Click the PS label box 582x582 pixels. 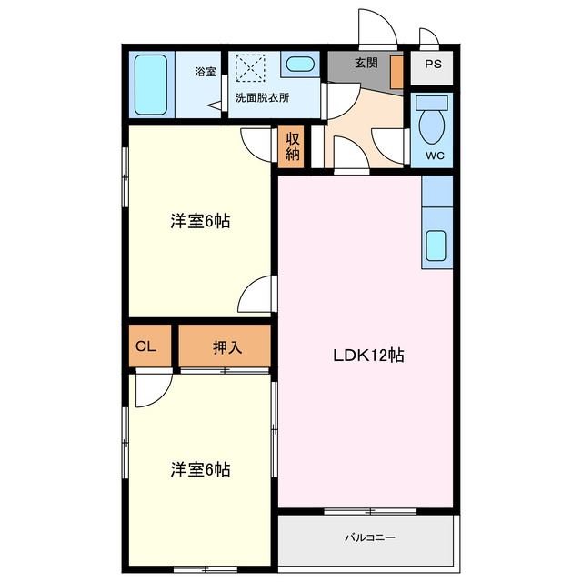pos(434,65)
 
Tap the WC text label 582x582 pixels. pos(434,155)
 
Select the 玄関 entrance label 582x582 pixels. pos(366,64)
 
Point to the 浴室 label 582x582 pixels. pos(206,71)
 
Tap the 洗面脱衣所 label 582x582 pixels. pos(261,96)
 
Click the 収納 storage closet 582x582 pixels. pos(293,146)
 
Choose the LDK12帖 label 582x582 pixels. pos(367,356)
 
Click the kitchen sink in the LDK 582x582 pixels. pos(437,246)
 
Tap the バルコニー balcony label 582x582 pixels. pos(369,537)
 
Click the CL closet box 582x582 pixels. pos(146,346)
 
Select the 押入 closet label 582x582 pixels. pos(226,346)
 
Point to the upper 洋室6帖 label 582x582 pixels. pos(199,221)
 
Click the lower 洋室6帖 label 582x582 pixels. pos(199,469)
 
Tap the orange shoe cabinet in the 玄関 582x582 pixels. pos(396,72)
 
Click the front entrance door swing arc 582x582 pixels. pos(376,27)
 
